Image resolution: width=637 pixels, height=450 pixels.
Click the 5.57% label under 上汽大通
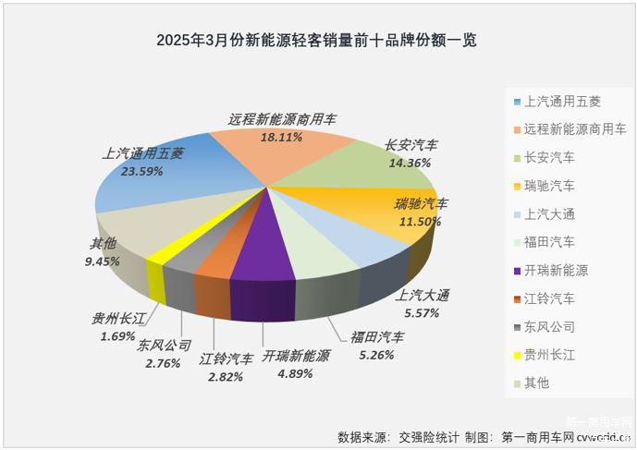coord(423,313)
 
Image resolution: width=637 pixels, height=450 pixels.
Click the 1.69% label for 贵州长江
coord(117,336)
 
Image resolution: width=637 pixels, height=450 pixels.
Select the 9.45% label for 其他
coord(104,261)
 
